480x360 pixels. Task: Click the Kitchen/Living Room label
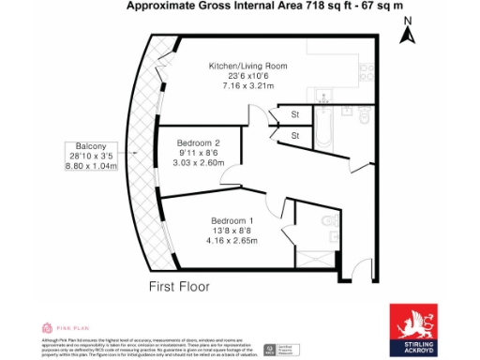click(x=247, y=66)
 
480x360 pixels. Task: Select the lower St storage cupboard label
click(x=294, y=137)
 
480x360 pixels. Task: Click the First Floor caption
click(x=178, y=286)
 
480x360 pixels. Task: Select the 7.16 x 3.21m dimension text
click(x=247, y=85)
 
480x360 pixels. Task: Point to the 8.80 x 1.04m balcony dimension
click(x=91, y=167)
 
